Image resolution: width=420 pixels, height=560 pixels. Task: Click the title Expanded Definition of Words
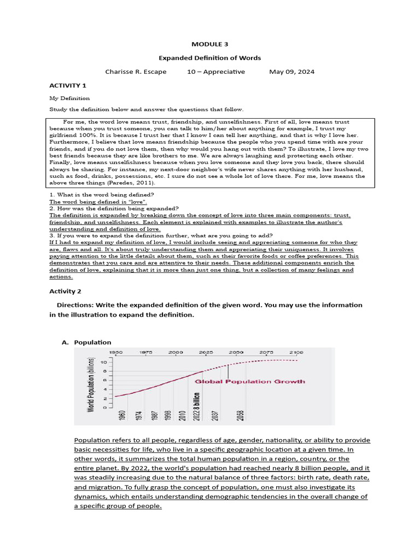[x=209, y=58]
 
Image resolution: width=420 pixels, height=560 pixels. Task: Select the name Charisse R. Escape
[x=136, y=72]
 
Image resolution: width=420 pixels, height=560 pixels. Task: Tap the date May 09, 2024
[x=292, y=72]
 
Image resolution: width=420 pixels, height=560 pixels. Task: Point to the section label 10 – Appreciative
[x=218, y=72]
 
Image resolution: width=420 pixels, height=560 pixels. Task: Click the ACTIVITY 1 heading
[x=68, y=86]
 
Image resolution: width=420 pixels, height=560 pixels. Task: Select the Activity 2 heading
[x=67, y=291]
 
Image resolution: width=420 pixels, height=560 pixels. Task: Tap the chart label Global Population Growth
[x=250, y=381]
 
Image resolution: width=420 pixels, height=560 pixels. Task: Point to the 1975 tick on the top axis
[x=145, y=353]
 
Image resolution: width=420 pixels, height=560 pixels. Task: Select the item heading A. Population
[x=86, y=342]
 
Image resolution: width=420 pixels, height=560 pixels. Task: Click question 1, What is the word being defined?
[x=102, y=195]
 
